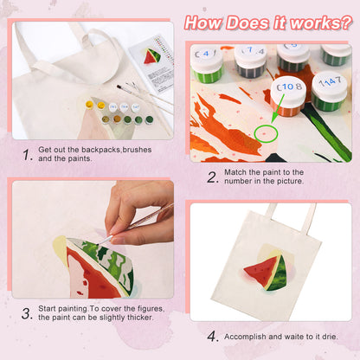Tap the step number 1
(28, 155)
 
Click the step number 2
(211, 177)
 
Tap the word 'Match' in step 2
(239, 172)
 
